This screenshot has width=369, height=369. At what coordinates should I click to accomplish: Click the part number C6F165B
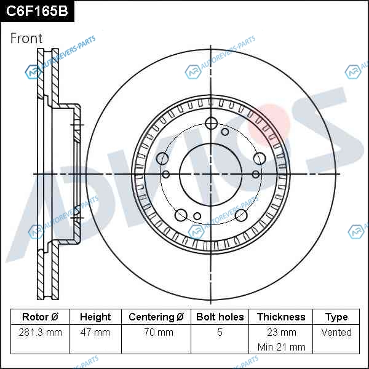click(x=37, y=11)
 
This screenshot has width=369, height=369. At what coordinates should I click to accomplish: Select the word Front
click(x=26, y=38)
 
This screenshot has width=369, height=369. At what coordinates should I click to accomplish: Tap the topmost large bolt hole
click(x=211, y=123)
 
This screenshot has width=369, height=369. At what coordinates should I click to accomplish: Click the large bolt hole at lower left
click(x=181, y=215)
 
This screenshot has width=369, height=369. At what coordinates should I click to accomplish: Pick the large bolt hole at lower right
click(x=241, y=215)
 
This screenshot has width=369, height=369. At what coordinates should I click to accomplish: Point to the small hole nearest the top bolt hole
click(x=225, y=132)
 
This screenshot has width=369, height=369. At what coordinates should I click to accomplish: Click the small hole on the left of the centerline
click(x=166, y=175)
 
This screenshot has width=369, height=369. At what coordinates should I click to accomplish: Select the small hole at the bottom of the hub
click(x=197, y=216)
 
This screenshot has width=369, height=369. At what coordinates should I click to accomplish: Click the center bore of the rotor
click(x=211, y=175)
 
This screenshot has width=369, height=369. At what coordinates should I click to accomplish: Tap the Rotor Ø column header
click(x=40, y=317)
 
